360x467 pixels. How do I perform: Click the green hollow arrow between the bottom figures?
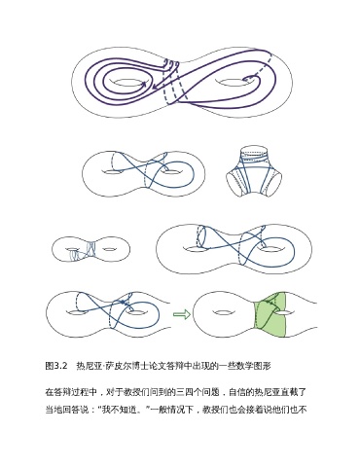[182, 314]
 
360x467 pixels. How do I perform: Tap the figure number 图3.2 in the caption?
[56, 366]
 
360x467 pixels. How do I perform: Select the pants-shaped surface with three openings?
[254, 171]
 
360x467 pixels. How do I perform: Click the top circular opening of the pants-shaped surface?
[254, 150]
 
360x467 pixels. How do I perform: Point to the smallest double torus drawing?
[91, 249]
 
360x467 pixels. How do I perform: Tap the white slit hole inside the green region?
[283, 313]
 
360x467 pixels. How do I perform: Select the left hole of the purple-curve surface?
[128, 83]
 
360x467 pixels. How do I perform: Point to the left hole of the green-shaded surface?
[222, 312]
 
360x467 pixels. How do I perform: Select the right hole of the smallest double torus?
[109, 249]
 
